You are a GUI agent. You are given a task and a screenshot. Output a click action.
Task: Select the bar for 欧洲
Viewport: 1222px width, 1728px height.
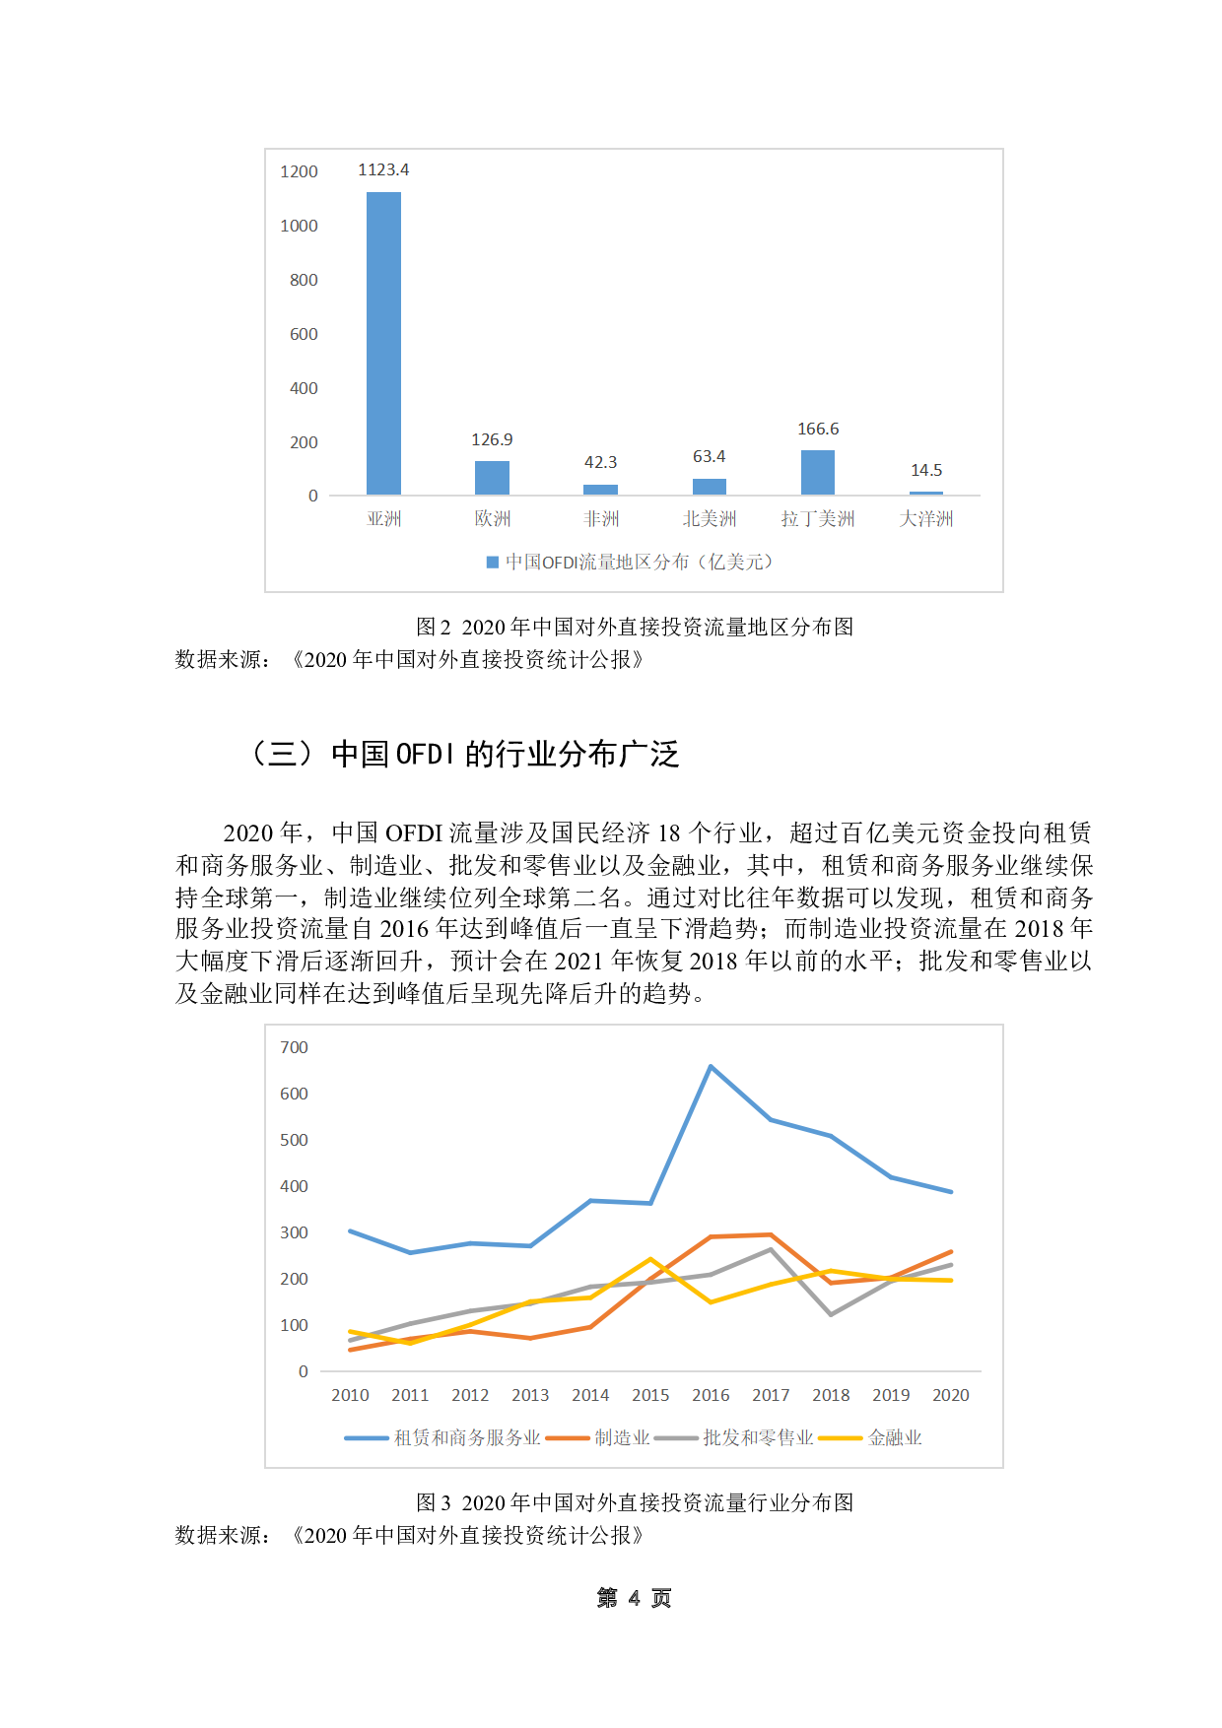[x=492, y=478]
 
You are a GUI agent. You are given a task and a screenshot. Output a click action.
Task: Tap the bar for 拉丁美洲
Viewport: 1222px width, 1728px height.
[x=817, y=472]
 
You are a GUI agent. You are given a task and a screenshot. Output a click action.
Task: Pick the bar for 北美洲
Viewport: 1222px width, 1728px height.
[x=709, y=487]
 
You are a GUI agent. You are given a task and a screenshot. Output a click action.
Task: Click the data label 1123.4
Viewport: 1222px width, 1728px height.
[x=383, y=170]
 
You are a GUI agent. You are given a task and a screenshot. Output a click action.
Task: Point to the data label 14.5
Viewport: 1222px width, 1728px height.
[x=925, y=471]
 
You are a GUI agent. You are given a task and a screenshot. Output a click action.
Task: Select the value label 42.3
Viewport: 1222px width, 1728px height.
[x=600, y=463]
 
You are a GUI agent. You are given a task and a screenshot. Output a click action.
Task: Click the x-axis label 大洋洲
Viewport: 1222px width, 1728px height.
[x=925, y=519]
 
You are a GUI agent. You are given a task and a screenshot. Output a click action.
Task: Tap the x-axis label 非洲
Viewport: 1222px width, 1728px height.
[x=600, y=519]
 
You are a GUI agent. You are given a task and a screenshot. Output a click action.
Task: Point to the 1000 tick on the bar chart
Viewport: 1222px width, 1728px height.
[x=299, y=227]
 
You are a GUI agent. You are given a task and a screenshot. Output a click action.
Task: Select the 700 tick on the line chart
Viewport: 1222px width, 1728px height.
[x=294, y=1048]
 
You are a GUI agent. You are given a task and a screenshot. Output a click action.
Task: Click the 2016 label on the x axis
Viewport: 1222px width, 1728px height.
[x=711, y=1396]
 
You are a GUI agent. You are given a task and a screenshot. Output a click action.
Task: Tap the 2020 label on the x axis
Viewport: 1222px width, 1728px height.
[x=951, y=1396]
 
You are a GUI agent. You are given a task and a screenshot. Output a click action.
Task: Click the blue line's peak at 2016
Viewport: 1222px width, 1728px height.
[x=711, y=1067]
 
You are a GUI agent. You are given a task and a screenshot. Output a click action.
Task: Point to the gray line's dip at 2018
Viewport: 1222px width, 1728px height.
[x=831, y=1314]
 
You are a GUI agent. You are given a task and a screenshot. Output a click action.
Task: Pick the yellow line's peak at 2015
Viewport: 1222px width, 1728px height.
[x=650, y=1259]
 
